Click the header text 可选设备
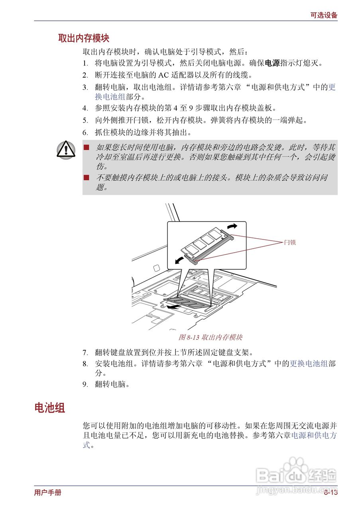point(324,15)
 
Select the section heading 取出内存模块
point(84,38)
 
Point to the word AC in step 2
point(163,75)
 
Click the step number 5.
point(85,120)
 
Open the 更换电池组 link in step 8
point(309,363)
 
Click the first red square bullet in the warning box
point(87,147)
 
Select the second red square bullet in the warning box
point(87,178)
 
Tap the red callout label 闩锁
point(289,242)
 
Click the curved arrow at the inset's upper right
point(232,226)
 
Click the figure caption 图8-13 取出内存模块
point(210,337)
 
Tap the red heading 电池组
point(50,408)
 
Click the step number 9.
point(85,384)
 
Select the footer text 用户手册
point(48,493)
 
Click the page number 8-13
point(330,493)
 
